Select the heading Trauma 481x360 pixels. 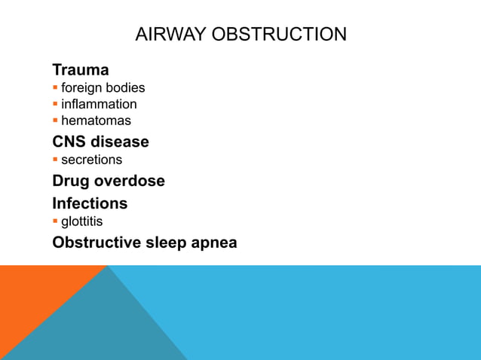pyautogui.click(x=80, y=70)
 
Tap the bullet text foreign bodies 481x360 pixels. pyautogui.click(x=103, y=88)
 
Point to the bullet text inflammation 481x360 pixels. pyautogui.click(x=99, y=104)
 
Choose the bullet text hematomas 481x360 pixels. pyautogui.click(x=96, y=121)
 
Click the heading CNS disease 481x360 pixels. pyautogui.click(x=100, y=142)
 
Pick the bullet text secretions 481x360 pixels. pyautogui.click(x=91, y=160)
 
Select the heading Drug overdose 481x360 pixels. pyautogui.click(x=108, y=182)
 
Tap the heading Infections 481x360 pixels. pyautogui.click(x=90, y=203)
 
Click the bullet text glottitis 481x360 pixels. pyautogui.click(x=82, y=221)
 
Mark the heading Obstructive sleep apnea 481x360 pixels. pyautogui.click(x=144, y=243)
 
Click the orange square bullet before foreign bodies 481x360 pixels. pyautogui.click(x=55, y=88)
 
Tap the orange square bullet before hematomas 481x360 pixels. pyautogui.click(x=55, y=121)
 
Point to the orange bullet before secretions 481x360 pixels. pyautogui.click(x=55, y=160)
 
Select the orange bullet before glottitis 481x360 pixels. pyautogui.click(x=55, y=221)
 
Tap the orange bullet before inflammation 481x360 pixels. pyautogui.click(x=55, y=104)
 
